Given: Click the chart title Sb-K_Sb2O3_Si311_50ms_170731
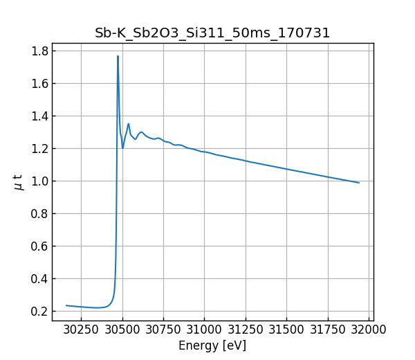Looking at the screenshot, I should pyautogui.click(x=212, y=33).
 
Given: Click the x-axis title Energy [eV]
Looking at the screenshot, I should pyautogui.click(x=212, y=345).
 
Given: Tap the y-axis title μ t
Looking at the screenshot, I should pyautogui.click(x=19, y=182).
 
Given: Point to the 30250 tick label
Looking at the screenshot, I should pyautogui.click(x=81, y=329).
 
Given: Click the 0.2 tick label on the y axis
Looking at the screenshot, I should pyautogui.click(x=39, y=311).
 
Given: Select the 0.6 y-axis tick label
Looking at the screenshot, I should pyautogui.click(x=39, y=246).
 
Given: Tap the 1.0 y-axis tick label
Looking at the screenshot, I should pyautogui.click(x=39, y=181).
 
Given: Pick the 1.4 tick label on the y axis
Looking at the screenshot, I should pyautogui.click(x=39, y=116).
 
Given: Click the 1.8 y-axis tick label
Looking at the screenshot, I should pyautogui.click(x=39, y=51).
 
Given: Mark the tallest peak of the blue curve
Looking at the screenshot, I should pyautogui.click(x=118, y=56).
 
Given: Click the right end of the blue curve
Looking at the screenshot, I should pyautogui.click(x=359, y=183).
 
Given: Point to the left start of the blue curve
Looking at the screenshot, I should pyautogui.click(x=66, y=305).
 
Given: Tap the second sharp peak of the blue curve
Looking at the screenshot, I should pyautogui.click(x=128, y=124).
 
